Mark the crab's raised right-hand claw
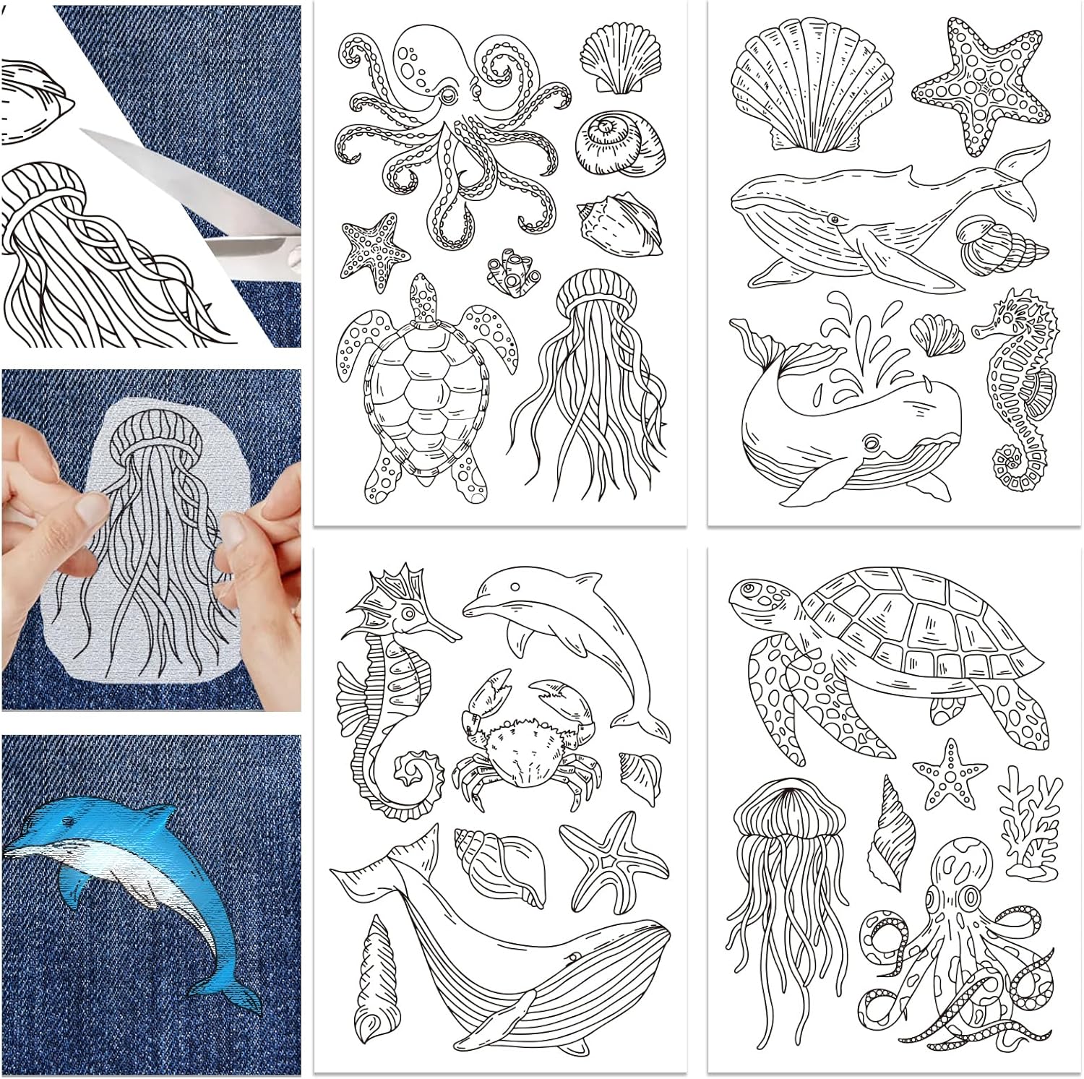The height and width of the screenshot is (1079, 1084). (560, 697)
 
